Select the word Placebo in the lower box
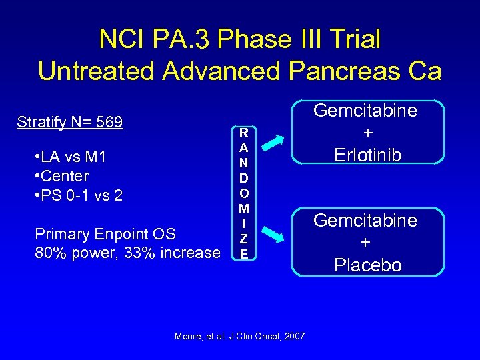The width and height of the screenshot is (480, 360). [368, 265]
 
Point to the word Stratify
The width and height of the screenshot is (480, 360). [43, 123]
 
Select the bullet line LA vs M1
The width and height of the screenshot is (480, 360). [69, 158]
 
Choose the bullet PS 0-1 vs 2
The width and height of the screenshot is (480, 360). [77, 196]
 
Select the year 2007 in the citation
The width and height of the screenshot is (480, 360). [294, 336]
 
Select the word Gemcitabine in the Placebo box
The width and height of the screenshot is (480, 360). [366, 220]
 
